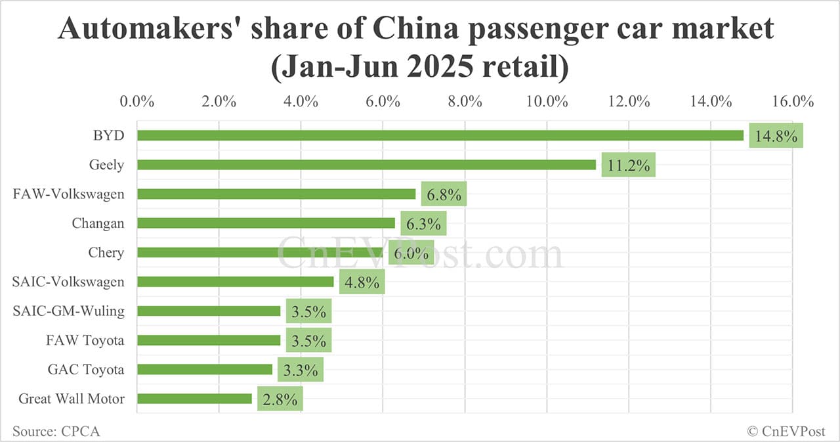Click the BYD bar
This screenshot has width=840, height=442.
click(x=440, y=135)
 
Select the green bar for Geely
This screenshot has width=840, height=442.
click(x=366, y=165)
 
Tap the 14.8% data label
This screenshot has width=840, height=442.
click(x=776, y=137)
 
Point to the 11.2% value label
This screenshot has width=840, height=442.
click(x=629, y=166)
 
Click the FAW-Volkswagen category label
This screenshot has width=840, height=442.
click(x=68, y=194)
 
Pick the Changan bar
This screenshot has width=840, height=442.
click(x=266, y=223)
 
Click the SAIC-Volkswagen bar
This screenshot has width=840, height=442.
click(x=235, y=282)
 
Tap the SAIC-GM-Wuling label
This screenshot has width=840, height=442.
click(x=68, y=311)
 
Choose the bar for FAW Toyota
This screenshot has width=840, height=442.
click(x=209, y=340)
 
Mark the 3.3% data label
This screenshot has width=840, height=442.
click(x=301, y=370)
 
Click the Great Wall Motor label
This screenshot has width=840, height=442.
click(x=71, y=398)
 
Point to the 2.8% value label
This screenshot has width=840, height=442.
click(x=280, y=399)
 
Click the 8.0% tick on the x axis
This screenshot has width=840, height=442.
click(x=465, y=102)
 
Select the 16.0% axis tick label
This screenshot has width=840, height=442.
click(x=793, y=102)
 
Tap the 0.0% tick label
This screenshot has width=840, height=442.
click(x=137, y=102)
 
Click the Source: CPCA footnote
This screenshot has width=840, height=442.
click(x=56, y=431)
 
